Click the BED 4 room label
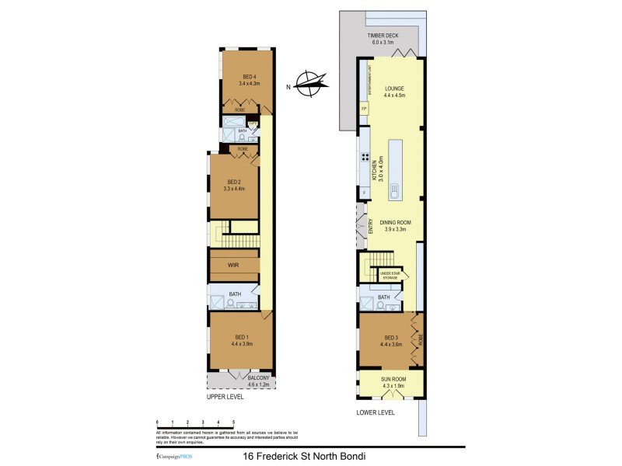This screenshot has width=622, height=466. (250, 79)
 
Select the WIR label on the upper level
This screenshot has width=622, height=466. (233, 266)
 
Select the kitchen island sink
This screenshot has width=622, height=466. (394, 190)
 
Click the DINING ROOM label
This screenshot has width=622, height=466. (395, 225)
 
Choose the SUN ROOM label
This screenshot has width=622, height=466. (393, 382)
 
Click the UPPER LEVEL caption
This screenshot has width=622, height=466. (225, 397)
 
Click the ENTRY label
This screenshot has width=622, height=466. (370, 227)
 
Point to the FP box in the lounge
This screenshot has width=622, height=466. (364, 109)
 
